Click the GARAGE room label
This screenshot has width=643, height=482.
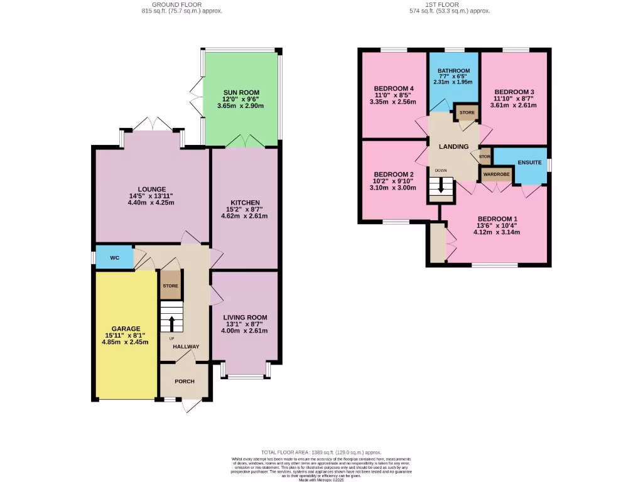126,328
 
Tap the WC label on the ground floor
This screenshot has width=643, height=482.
115,257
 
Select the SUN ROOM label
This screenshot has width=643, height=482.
241,92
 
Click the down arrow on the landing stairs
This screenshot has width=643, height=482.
441,186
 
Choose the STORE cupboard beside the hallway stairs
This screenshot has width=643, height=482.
171,286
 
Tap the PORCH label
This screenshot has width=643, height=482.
184,382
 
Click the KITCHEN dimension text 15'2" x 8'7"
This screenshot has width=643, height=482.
244,210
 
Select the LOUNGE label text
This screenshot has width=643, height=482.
152,189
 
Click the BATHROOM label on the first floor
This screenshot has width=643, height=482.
453,70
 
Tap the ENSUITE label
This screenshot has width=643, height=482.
529,163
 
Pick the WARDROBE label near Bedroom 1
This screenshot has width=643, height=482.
496,174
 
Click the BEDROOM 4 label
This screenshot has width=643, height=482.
394,88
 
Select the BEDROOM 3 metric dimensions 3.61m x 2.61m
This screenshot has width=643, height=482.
514,105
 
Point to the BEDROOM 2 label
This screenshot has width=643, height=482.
394,174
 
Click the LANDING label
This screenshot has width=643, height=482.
453,147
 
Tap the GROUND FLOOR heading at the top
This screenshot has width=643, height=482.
181,4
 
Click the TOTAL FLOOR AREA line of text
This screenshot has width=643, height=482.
321,453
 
